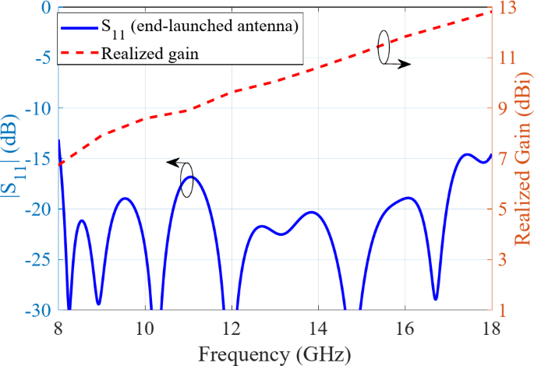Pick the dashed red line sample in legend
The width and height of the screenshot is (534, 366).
point(78,54)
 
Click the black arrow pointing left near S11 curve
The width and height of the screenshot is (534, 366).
point(175,163)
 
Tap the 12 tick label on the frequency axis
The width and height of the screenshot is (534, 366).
point(232,329)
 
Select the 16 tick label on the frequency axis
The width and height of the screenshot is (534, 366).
point(405,329)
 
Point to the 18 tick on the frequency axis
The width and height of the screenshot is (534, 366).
point(490,329)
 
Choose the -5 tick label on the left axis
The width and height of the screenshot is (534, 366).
point(44,58)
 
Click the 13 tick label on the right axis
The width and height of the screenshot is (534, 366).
point(507,8)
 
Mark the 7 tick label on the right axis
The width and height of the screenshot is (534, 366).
point(504,159)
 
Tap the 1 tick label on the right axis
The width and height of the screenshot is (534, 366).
point(504,310)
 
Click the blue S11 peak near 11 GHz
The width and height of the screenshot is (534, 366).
point(191,178)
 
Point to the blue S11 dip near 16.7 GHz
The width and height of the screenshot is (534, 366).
point(435,297)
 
